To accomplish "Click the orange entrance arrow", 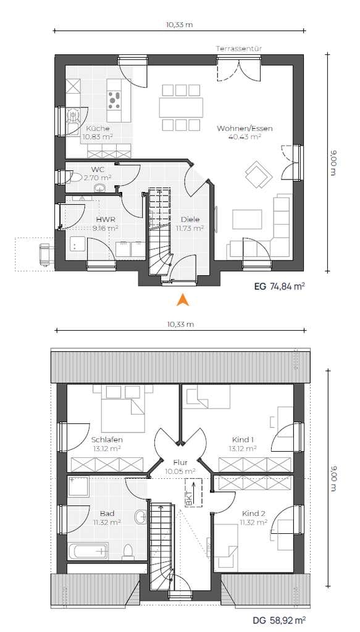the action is click(x=183, y=300).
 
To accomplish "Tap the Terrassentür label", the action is click(x=238, y=48).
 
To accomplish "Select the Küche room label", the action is click(x=98, y=128).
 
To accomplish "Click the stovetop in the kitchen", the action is click(x=114, y=100).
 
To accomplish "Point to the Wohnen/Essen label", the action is click(x=245, y=128).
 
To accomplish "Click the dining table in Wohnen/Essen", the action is click(x=181, y=107).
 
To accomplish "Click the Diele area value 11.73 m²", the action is click(x=190, y=228).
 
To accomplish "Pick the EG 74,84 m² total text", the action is click(x=279, y=286).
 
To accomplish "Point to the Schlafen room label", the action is click(x=107, y=439).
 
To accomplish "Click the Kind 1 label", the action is click(x=243, y=439).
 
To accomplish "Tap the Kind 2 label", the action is click(x=254, y=514).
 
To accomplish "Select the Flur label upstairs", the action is click(x=180, y=462).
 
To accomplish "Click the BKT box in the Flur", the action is click(x=193, y=493).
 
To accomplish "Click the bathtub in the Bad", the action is click(x=88, y=551).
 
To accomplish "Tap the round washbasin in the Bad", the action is click(x=141, y=517).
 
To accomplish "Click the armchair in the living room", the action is click(x=258, y=174).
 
